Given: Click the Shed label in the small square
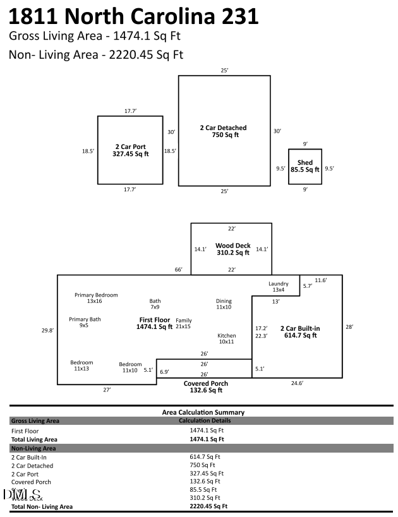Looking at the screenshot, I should pos(305,163).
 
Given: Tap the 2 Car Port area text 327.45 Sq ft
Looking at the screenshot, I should pos(130,154).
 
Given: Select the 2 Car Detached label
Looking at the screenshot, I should pos(223,128).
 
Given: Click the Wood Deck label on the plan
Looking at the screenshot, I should pos(232,246).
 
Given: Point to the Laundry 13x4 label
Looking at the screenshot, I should pos(278,287).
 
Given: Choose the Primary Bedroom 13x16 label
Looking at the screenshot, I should pos(96,298).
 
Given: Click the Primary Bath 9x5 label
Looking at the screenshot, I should pos(85,323).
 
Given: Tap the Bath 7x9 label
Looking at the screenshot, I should pos(155,304).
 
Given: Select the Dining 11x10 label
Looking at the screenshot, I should pos(224,304).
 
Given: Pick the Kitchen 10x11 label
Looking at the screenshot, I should pos(226,338).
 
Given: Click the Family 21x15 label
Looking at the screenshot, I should pos(183,323).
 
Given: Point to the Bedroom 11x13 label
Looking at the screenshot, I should pos(81,365).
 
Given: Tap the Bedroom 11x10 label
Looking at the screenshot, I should pos(130,367).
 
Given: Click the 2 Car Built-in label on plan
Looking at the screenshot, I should pos(299,328).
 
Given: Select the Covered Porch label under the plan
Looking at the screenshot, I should pos(205,383).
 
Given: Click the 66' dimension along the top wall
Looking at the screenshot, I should pos(178,270).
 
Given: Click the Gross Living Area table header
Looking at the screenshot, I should pos(35,420).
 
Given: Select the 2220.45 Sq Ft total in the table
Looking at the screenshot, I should pos(208,506).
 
